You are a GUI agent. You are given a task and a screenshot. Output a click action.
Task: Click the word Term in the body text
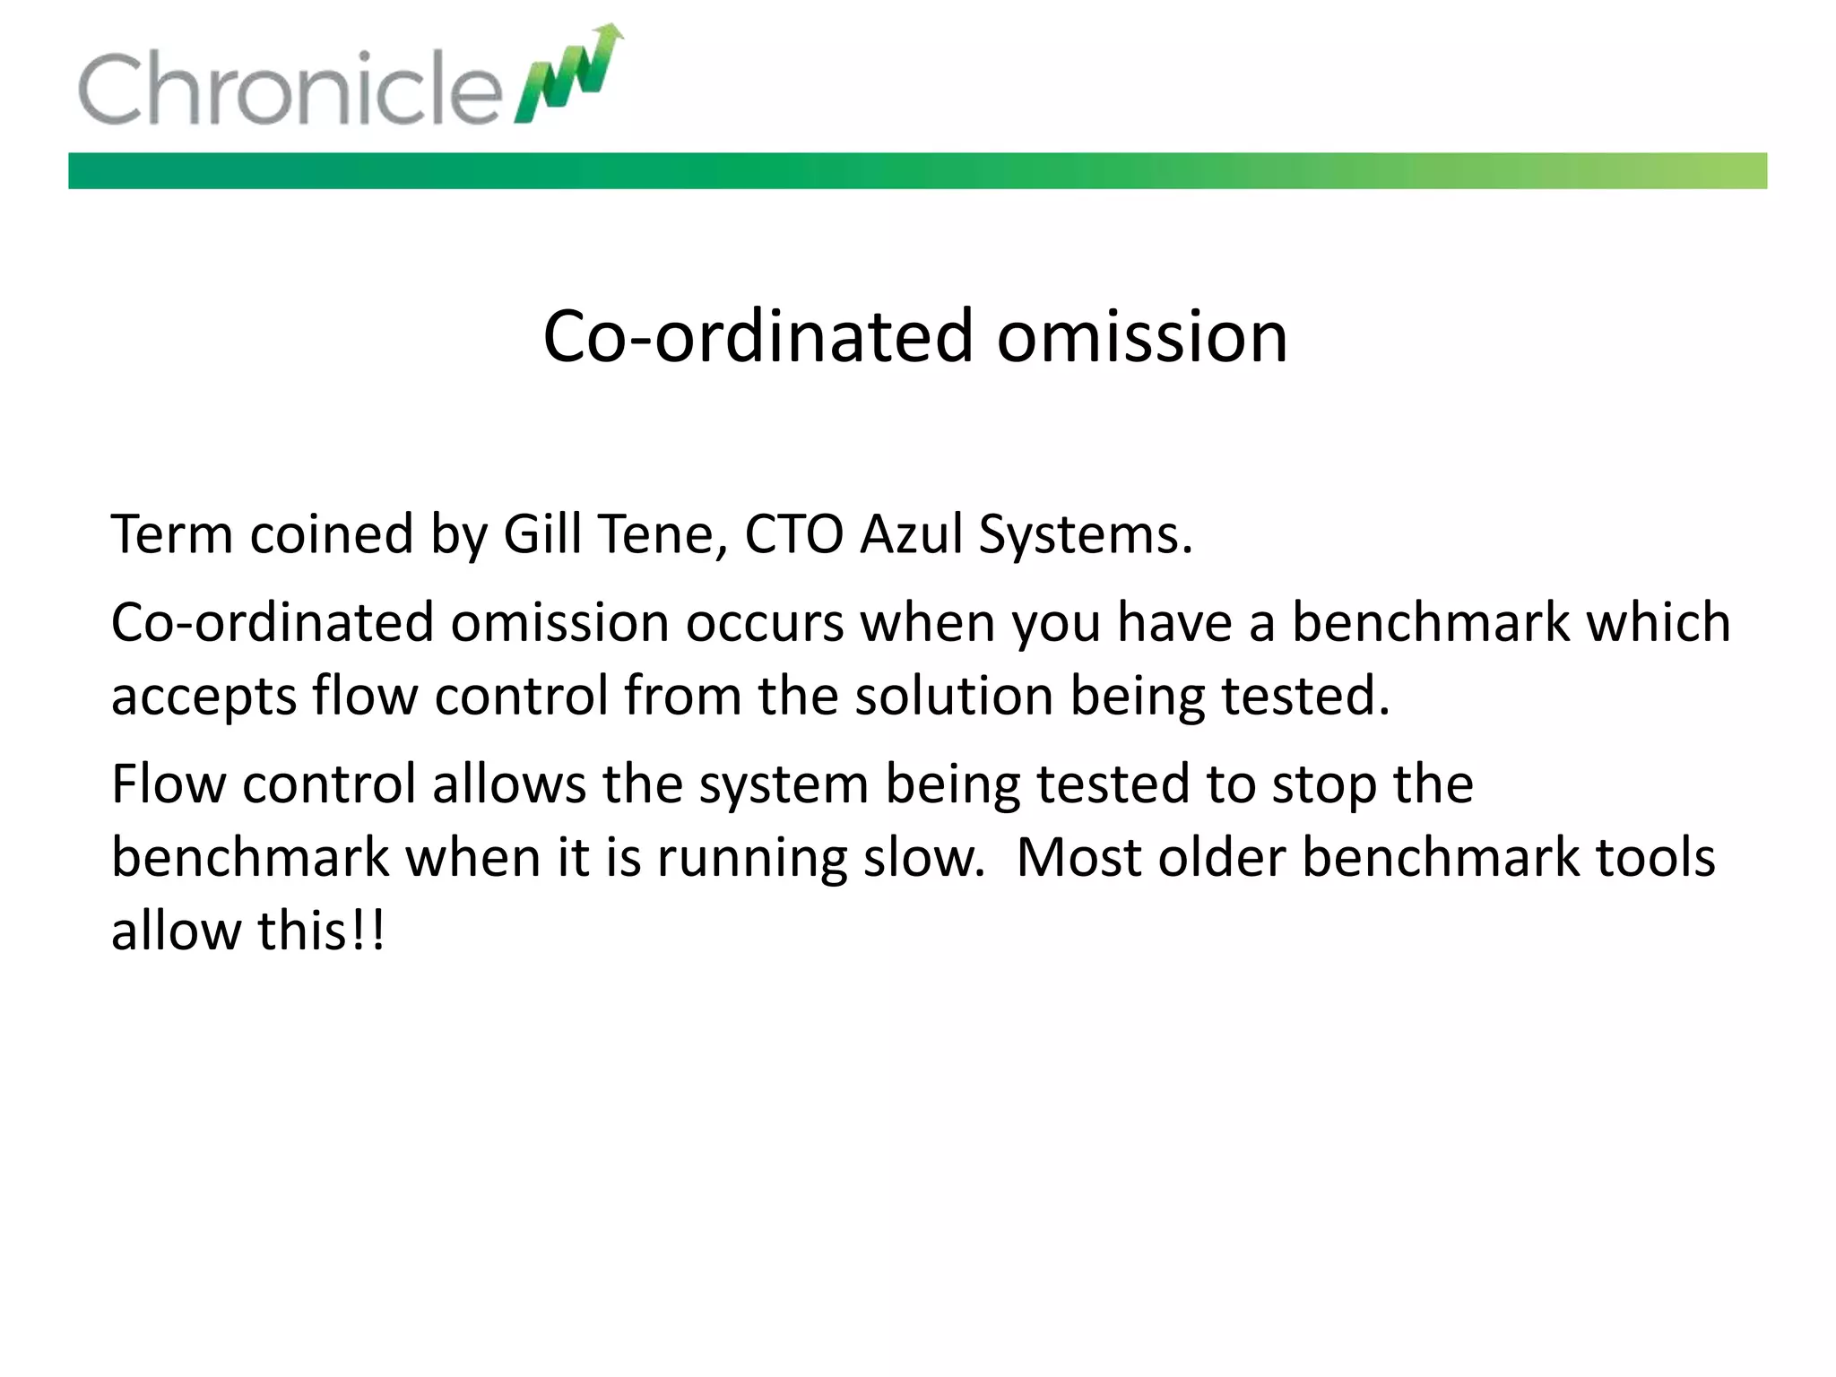(171, 534)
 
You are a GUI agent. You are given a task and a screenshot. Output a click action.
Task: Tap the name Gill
(541, 534)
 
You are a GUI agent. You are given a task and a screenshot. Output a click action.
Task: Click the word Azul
(910, 534)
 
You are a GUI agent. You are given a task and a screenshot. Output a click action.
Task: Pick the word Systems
(1085, 536)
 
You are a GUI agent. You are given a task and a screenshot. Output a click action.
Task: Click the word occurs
(765, 623)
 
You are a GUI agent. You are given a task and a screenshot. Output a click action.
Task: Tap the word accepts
(204, 697)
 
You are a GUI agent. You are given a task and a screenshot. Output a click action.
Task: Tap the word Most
(1078, 857)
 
